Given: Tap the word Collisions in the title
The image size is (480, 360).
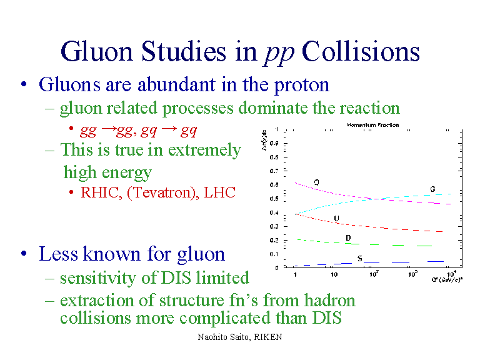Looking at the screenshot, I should pos(361,52).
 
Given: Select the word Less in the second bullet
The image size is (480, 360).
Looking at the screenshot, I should pos(57,254).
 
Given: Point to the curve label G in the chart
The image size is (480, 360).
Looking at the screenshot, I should pos(432,189).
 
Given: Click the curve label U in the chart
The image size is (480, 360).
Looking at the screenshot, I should pos(336,219).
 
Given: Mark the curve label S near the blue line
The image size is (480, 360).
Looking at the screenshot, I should pos(359,257).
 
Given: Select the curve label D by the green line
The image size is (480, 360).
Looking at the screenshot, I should pos(347,238).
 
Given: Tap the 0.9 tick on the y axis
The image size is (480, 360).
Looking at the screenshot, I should pos(274,143).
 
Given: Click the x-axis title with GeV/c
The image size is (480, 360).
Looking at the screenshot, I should pos(447,279).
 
